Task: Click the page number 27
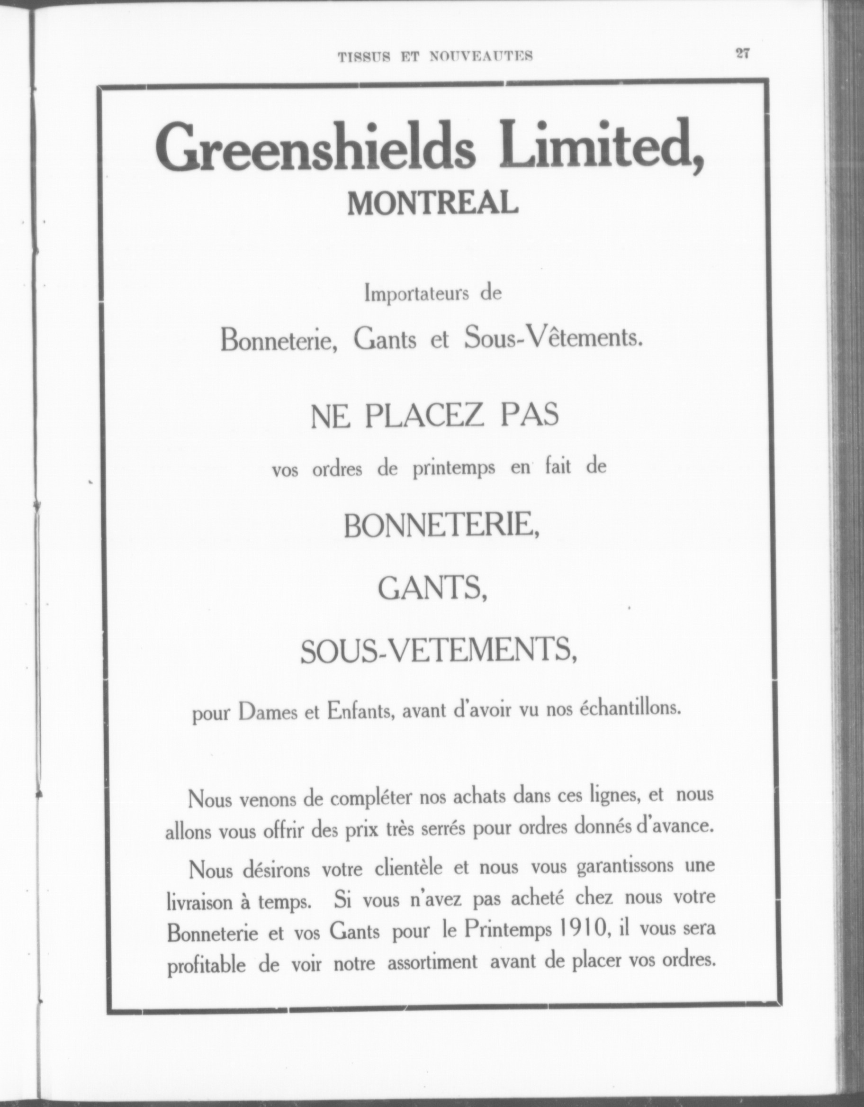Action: point(742,54)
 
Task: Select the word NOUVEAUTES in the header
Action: point(481,56)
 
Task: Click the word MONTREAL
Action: point(433,204)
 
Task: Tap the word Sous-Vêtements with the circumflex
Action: point(553,337)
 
